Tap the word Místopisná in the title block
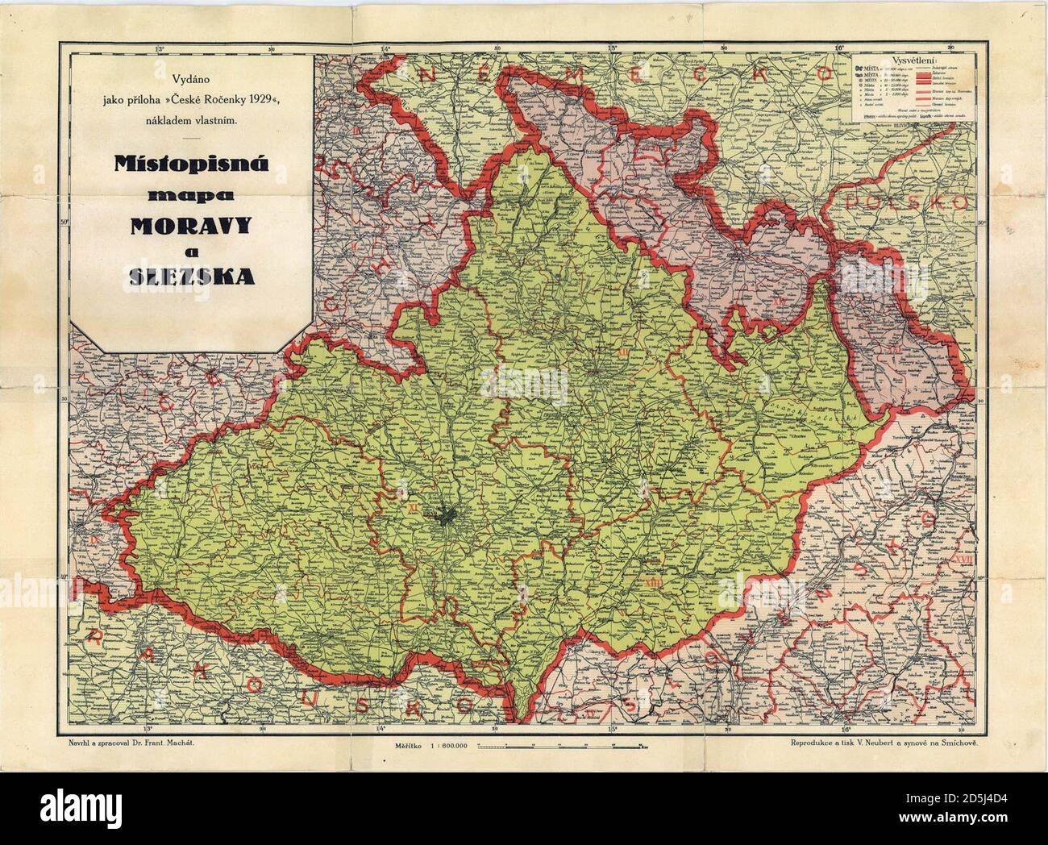192,169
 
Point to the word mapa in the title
192,196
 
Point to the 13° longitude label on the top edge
160,49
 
